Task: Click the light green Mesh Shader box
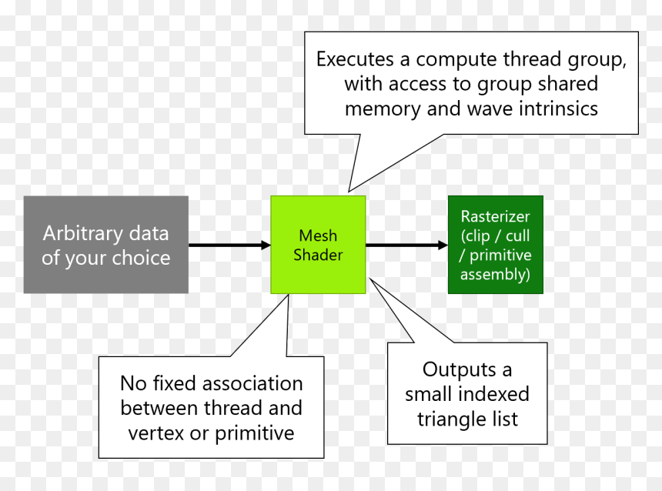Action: (x=318, y=245)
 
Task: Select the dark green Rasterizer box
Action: (x=496, y=245)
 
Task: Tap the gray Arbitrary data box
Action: (x=106, y=245)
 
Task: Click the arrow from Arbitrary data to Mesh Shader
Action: (x=229, y=245)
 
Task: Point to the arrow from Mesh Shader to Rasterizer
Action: (x=406, y=245)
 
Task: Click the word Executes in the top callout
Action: (x=355, y=59)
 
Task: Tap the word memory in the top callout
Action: (x=383, y=110)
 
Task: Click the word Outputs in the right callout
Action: (x=460, y=370)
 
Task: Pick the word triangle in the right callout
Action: (x=451, y=419)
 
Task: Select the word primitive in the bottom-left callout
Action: (x=255, y=433)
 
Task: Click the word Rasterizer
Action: (x=495, y=216)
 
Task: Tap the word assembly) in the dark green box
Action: (x=495, y=275)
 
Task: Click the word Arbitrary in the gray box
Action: (x=82, y=233)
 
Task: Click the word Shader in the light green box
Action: (x=318, y=255)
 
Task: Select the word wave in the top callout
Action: (x=490, y=109)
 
